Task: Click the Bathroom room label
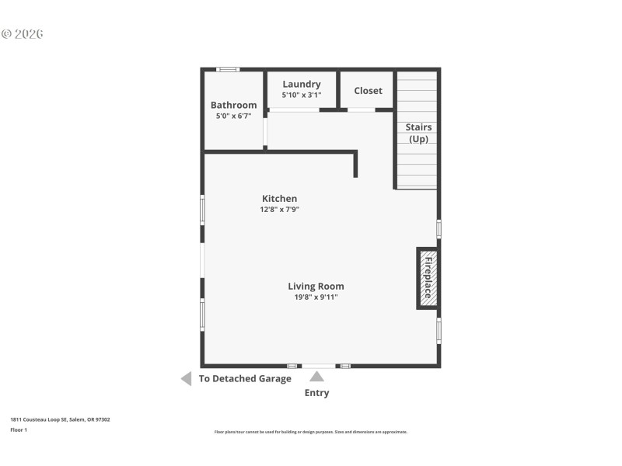[x=233, y=105]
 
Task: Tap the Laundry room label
[x=302, y=84]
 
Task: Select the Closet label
[x=368, y=91]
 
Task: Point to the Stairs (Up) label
[x=418, y=133]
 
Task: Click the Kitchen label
[x=279, y=199]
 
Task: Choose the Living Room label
[x=316, y=286]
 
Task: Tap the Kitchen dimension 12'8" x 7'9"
[x=280, y=209]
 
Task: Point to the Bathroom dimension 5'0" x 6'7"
[x=233, y=116]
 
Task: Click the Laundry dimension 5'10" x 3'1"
[x=302, y=95]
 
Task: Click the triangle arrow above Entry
[x=316, y=377]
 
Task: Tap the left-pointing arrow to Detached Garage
[x=186, y=379]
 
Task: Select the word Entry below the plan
[x=316, y=393]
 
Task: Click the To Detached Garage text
[x=245, y=379]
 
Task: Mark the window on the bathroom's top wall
[x=228, y=70]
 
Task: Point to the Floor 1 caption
[x=19, y=429]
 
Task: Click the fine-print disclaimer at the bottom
[x=311, y=432]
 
